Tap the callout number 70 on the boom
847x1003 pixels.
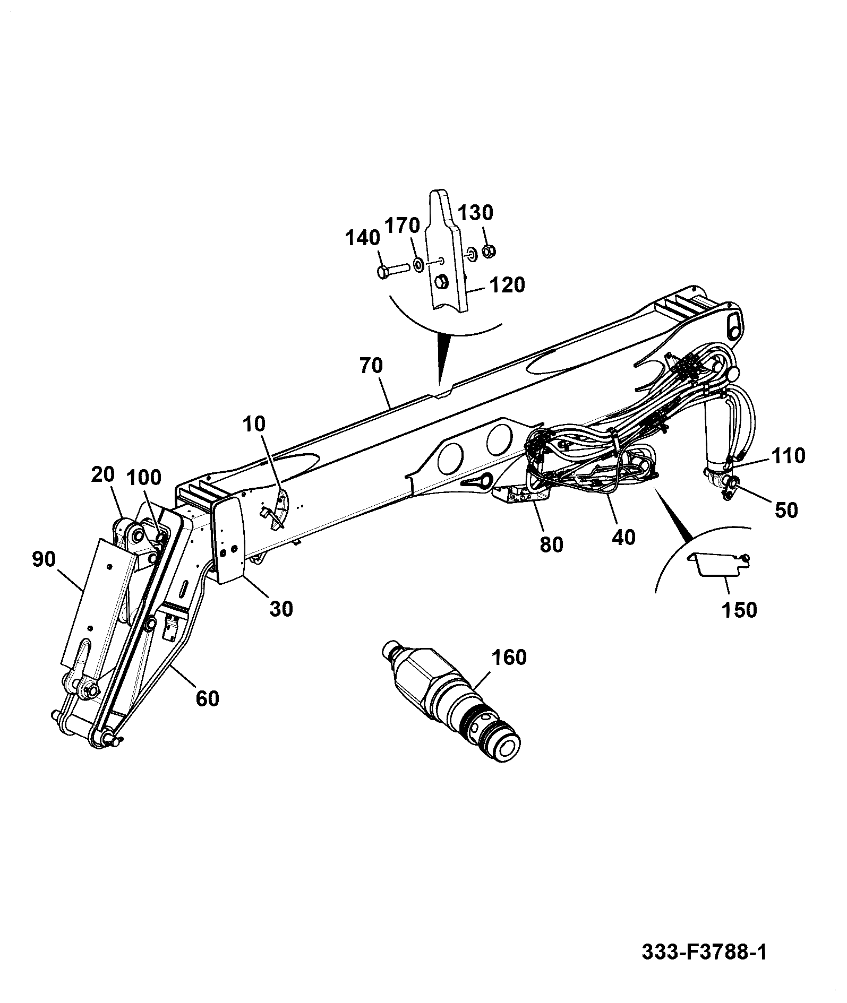pos(371,366)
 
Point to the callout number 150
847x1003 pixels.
pos(739,610)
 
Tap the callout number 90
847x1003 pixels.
pos(44,559)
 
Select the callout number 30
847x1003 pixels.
pos(281,609)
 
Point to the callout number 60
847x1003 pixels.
pos(207,698)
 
